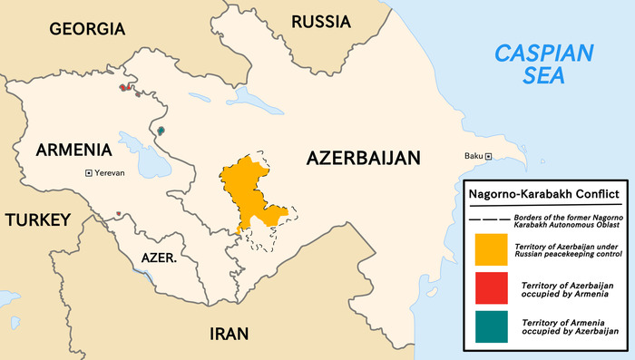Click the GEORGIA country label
pyautogui.click(x=87, y=29)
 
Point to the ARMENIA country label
pyautogui.click(x=73, y=150)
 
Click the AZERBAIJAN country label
pyautogui.click(x=363, y=158)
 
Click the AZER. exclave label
pyautogui.click(x=159, y=258)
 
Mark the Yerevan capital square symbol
pyautogui.click(x=88, y=172)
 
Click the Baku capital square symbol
pyautogui.click(x=488, y=157)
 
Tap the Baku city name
pyautogui.click(x=473, y=157)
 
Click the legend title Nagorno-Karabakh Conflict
pyautogui.click(x=543, y=194)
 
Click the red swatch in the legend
pyautogui.click(x=490, y=288)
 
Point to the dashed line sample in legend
pyautogui.click(x=488, y=219)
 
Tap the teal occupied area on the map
pyautogui.click(x=161, y=131)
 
